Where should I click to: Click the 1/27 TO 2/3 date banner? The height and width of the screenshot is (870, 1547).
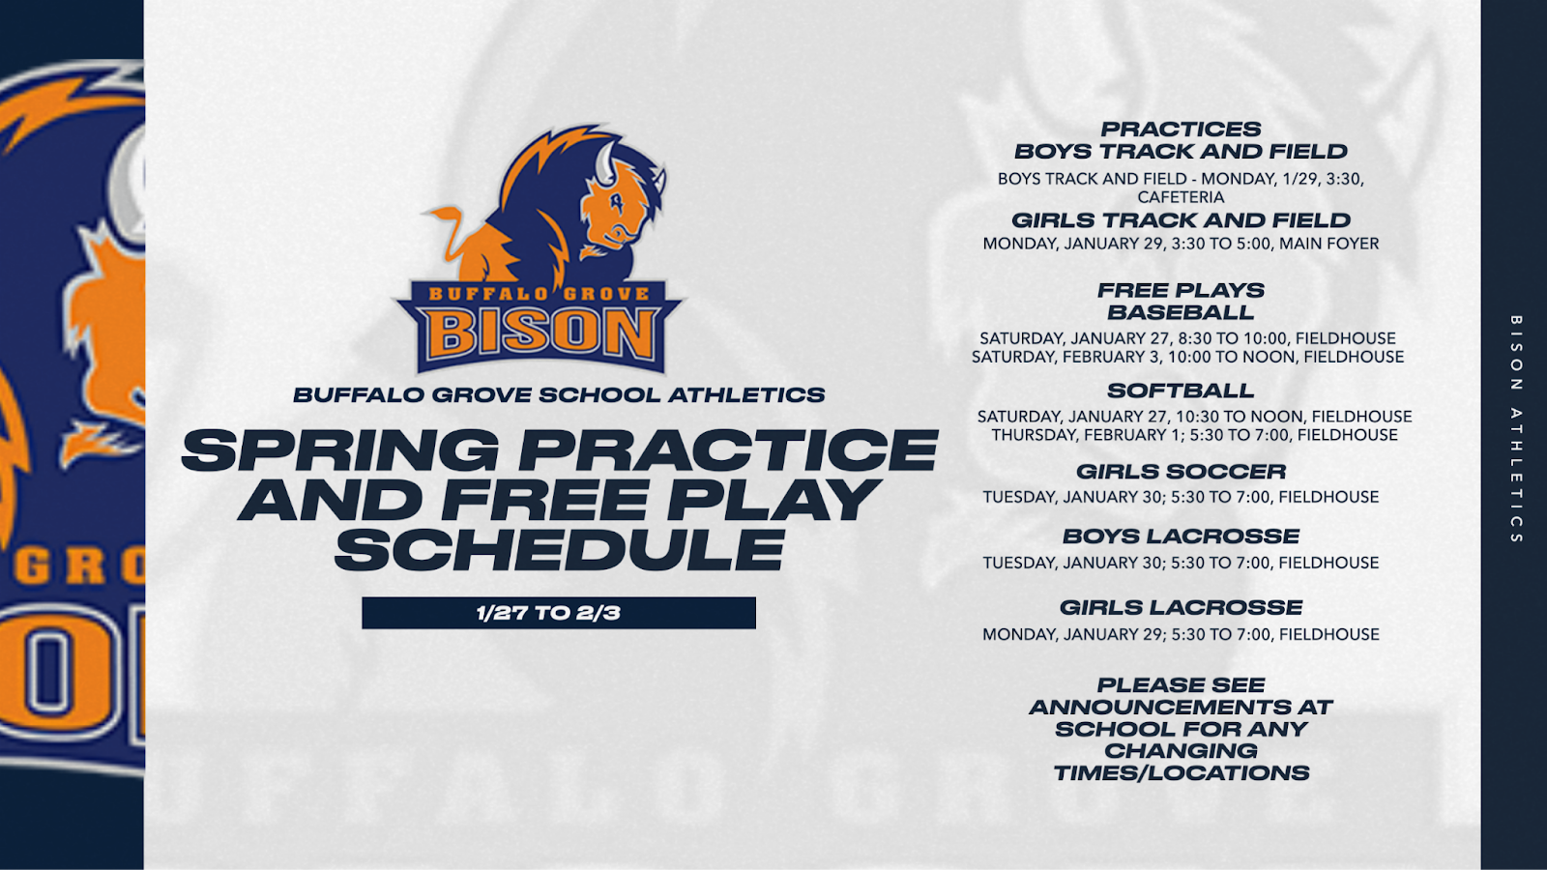coord(559,613)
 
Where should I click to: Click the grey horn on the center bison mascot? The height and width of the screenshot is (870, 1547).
coord(604,164)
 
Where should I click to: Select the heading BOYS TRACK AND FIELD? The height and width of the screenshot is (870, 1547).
coord(1181,151)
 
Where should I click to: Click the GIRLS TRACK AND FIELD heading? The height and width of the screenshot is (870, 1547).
coord(1181,220)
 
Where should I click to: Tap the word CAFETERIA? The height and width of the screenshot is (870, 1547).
coord(1181,197)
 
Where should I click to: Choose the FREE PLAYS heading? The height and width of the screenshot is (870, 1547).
coord(1181,290)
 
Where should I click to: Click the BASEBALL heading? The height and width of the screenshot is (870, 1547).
coord(1181,312)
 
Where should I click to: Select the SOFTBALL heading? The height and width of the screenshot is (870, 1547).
coord(1181,391)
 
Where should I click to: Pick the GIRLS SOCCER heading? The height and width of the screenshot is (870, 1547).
coord(1181,472)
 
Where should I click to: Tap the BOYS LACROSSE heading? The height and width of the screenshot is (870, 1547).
coord(1181,536)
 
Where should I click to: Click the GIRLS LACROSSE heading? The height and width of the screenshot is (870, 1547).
coord(1181,608)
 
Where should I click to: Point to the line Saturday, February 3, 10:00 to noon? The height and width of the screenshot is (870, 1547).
coord(1188,357)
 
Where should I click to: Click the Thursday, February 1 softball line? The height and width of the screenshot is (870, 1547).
coord(1195,435)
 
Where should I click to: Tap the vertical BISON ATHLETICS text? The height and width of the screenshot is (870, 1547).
coord(1517,429)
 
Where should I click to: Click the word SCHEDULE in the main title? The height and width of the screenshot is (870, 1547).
coord(560,550)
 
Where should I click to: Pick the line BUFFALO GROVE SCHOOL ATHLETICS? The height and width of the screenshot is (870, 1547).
coord(560,395)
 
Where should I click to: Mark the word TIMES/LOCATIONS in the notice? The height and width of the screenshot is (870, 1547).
coord(1182,772)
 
